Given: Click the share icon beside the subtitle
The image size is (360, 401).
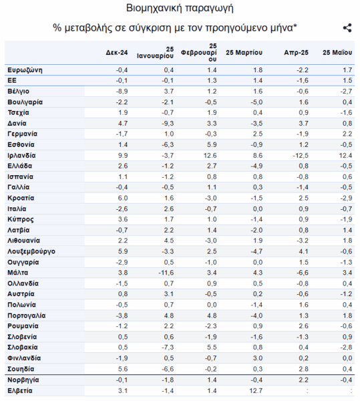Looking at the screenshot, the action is pyautogui.click(x=347, y=28).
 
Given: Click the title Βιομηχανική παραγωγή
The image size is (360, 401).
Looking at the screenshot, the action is pyautogui.click(x=180, y=8).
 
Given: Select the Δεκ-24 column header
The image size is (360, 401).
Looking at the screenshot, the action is pyautogui.click(x=117, y=53).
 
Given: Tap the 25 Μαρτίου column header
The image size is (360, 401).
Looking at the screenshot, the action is pyautogui.click(x=244, y=53).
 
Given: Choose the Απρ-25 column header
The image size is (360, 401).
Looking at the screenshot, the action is pyautogui.click(x=296, y=53).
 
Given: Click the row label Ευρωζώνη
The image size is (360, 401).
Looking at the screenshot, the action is pyautogui.click(x=25, y=70).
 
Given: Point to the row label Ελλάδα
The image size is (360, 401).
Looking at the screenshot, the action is pyautogui.click(x=19, y=166).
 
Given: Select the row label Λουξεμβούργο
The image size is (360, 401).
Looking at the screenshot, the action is pyautogui.click(x=31, y=251).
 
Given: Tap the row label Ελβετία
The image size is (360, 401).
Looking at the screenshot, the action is pyautogui.click(x=19, y=391).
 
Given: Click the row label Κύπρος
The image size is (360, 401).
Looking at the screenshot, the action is pyautogui.click(x=21, y=219).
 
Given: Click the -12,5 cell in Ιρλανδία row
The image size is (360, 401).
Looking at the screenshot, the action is pyautogui.click(x=301, y=156).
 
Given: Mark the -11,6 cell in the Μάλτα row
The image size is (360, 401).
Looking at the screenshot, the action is pyautogui.click(x=166, y=273).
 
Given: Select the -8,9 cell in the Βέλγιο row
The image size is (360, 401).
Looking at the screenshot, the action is pyautogui.click(x=122, y=92).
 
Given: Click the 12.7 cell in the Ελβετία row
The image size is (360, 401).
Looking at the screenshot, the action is pyautogui.click(x=256, y=391).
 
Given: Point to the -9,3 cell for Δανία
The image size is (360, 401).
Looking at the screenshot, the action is pyautogui.click(x=168, y=124).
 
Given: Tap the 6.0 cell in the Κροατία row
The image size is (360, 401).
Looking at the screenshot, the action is pyautogui.click(x=123, y=198).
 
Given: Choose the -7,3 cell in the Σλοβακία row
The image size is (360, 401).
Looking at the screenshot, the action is pyautogui.click(x=168, y=348).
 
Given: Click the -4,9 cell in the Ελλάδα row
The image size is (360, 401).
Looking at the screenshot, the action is pyautogui.click(x=256, y=166).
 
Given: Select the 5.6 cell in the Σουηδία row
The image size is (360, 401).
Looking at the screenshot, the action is pyautogui.click(x=123, y=369).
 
